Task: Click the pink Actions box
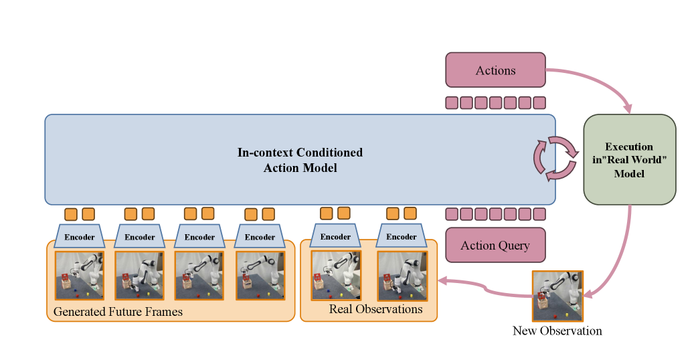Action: pos(495,70)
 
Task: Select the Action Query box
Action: pos(495,246)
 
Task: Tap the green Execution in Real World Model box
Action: pos(629,159)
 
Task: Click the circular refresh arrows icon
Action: pos(555,159)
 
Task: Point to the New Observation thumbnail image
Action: pos(557,296)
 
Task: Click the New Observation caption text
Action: pos(557,331)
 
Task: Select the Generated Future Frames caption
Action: pos(118,312)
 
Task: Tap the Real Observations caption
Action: pos(375,309)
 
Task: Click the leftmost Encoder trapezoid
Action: pos(80,236)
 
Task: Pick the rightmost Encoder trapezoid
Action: pos(402,236)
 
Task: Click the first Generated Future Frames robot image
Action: pos(80,274)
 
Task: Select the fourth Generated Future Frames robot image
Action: pos(260,274)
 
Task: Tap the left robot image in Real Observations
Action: pos(336,274)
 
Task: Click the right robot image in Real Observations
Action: pos(402,274)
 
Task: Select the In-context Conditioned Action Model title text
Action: pos(300,160)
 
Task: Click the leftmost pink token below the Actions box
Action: pos(452,102)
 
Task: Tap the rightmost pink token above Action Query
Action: pos(539,214)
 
